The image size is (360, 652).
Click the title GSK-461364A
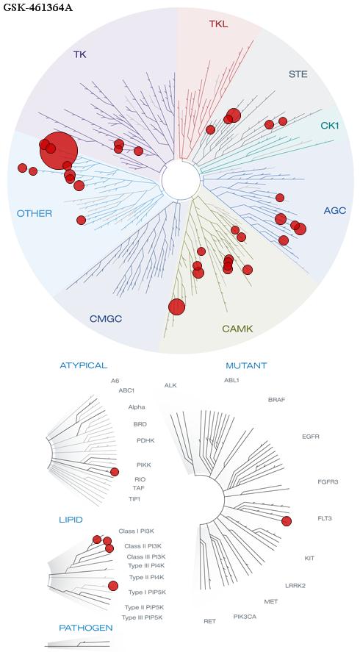point(37,7)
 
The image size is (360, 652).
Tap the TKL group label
point(219,24)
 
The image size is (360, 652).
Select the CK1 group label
point(330,125)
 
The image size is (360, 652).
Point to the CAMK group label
point(237,329)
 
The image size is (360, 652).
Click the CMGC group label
point(106,319)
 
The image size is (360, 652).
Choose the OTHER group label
point(34,213)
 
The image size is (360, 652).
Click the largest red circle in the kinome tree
point(59,151)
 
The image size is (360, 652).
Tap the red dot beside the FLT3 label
point(286,521)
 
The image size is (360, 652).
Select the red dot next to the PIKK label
point(115,471)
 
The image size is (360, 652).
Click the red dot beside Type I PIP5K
point(112,586)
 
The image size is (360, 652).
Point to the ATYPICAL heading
point(84,365)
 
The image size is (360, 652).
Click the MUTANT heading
point(246,366)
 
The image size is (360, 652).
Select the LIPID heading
point(71,520)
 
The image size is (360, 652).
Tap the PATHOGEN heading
point(86,628)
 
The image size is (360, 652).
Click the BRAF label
point(276,400)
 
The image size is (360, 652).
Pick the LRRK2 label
point(295,586)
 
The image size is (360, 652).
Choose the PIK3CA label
point(245,616)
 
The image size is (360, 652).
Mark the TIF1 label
point(134,498)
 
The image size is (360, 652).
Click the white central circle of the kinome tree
point(181,180)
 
